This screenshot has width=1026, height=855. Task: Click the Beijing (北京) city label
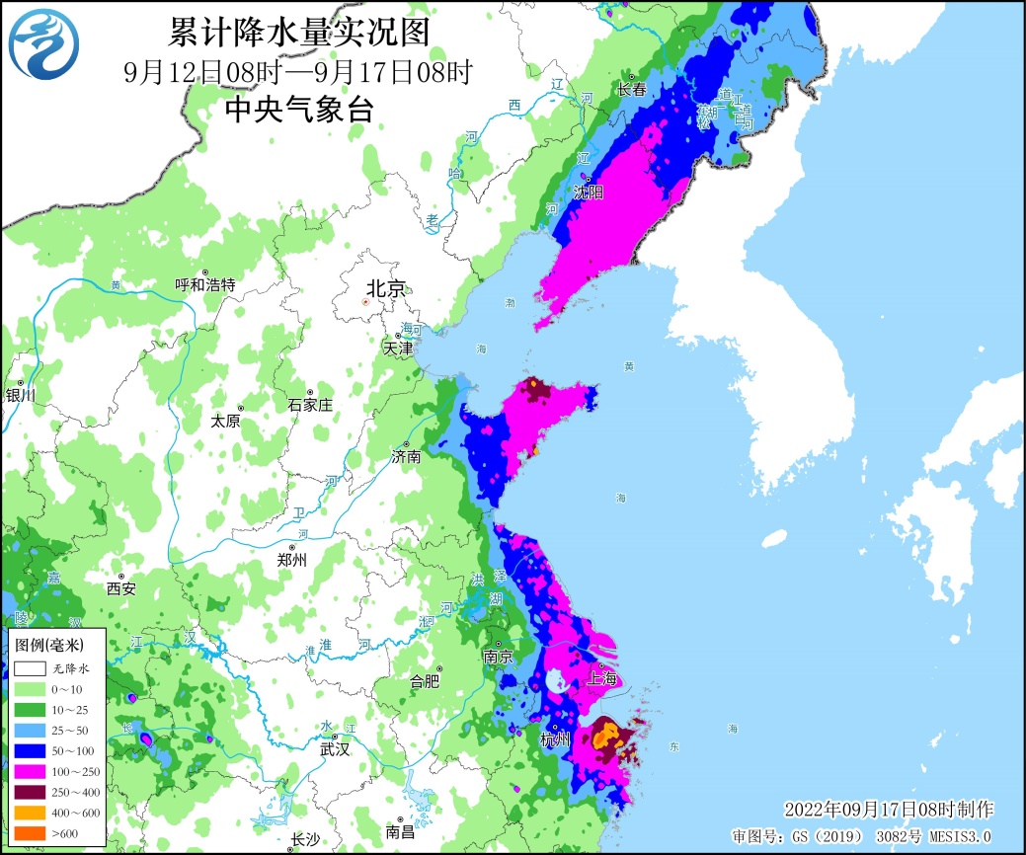pos(385,288)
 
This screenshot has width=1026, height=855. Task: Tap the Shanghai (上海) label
pos(603,678)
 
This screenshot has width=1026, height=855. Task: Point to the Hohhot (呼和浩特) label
pos(205,285)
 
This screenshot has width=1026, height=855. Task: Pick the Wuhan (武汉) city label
pos(335,749)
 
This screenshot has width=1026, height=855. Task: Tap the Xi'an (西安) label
pos(120,588)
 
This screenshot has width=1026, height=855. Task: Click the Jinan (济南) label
pos(406,457)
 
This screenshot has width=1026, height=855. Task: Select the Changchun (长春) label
pos(632,89)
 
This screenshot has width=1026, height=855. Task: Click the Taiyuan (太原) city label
pos(225,421)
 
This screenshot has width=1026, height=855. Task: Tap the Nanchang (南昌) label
pos(400,832)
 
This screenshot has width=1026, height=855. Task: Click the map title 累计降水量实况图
pos(299,34)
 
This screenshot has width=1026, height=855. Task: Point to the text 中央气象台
pos(299,110)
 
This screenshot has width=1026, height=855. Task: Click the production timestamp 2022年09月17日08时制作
pos(889,810)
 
